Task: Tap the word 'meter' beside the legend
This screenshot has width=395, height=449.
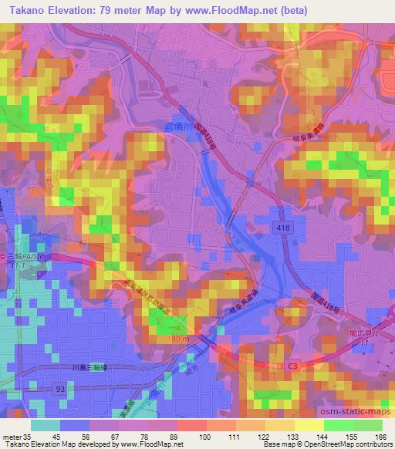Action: pyautogui.click(x=11, y=436)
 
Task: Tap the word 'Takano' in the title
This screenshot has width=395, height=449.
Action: pyautogui.click(x=23, y=9)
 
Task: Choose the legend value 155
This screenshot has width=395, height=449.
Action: pyautogui.click(x=350, y=436)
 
